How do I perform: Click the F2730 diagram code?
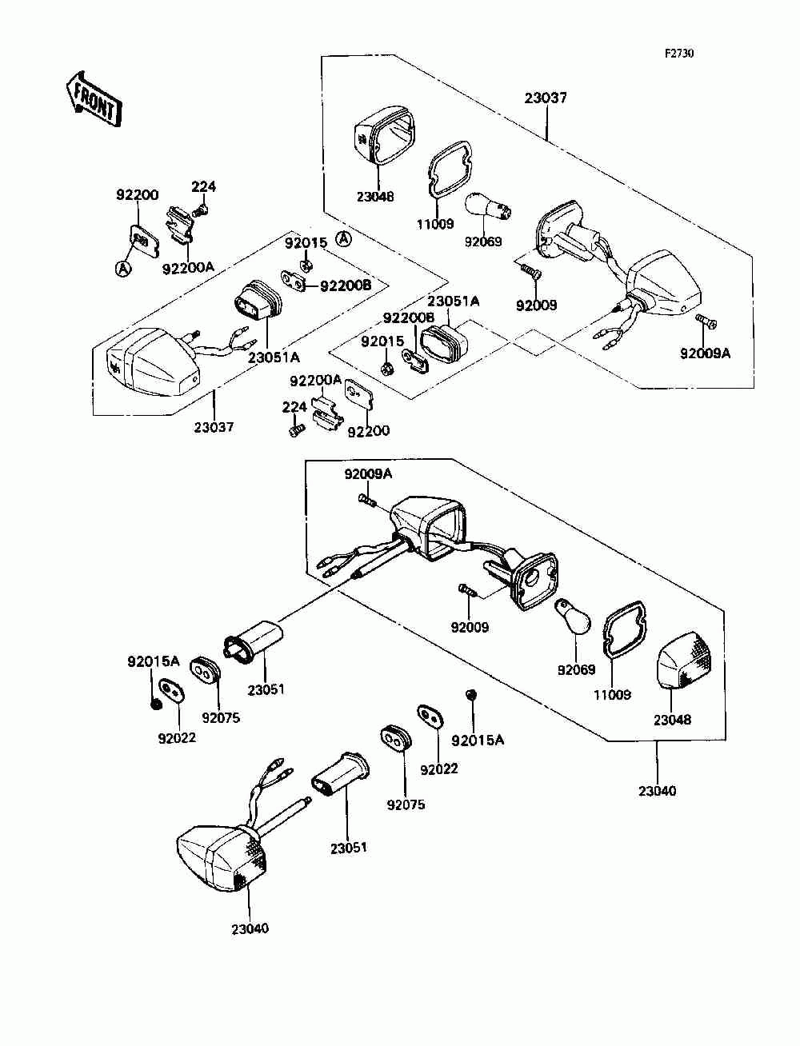pyautogui.click(x=679, y=54)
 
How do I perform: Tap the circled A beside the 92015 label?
pyautogui.click(x=343, y=239)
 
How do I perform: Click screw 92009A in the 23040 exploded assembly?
pyautogui.click(x=366, y=500)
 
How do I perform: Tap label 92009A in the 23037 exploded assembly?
pyautogui.click(x=705, y=353)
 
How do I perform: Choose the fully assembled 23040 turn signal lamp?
pyautogui.click(x=230, y=836)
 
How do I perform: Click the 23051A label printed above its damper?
pyautogui.click(x=453, y=301)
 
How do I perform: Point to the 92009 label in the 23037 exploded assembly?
pyautogui.click(x=536, y=305)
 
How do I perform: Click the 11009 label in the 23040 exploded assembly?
pyautogui.click(x=612, y=695)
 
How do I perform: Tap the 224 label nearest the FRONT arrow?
pyautogui.click(x=203, y=186)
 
